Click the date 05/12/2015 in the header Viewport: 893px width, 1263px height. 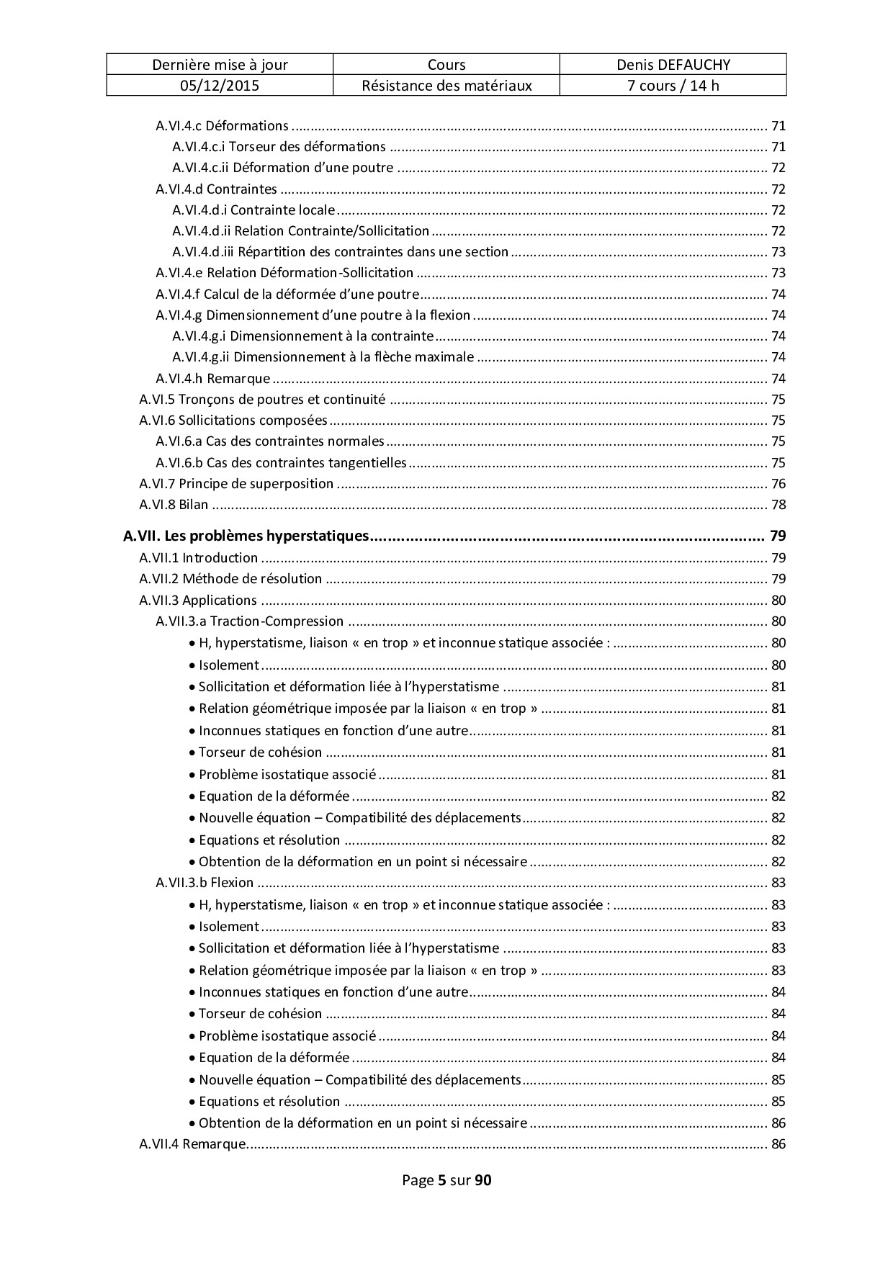220,86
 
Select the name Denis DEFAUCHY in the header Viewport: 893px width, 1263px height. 673,65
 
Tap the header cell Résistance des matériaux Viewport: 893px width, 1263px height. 447,86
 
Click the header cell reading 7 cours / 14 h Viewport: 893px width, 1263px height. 673,86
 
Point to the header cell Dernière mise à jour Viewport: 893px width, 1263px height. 220,65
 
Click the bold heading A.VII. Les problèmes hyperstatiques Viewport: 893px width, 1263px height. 246,536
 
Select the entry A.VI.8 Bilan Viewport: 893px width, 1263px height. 174,505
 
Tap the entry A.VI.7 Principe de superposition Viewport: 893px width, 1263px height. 236,484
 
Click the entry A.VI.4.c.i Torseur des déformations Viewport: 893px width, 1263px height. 279,147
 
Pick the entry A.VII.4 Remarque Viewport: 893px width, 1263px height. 192,1144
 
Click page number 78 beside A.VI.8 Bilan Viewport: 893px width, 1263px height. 778,505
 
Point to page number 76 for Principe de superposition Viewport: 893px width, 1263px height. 778,484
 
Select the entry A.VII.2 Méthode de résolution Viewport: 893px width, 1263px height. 230,579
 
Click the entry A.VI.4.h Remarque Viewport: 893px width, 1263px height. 212,379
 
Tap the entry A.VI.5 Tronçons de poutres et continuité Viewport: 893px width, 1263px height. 262,400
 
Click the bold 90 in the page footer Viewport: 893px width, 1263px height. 483,1180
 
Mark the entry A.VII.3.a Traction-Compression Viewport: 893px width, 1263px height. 249,621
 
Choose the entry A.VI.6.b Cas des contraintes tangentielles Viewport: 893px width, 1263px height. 281,463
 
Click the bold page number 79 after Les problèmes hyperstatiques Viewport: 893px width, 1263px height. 777,536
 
